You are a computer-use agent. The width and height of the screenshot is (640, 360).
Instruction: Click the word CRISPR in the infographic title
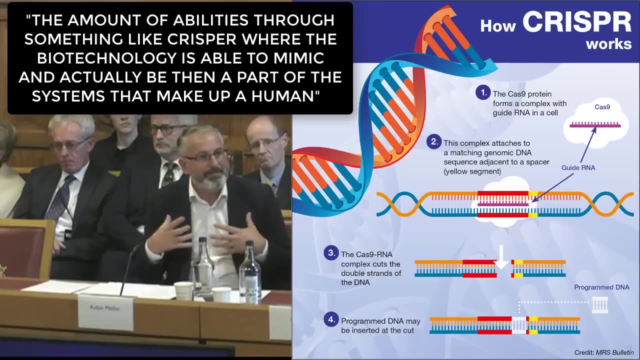[x=577, y=22]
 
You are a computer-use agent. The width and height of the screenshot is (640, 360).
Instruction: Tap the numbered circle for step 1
[x=483, y=92]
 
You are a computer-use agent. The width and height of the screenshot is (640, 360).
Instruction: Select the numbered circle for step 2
[x=434, y=141]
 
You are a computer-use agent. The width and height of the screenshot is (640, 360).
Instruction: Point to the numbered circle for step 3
[x=331, y=253]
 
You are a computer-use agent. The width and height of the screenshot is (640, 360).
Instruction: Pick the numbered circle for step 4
[x=331, y=319]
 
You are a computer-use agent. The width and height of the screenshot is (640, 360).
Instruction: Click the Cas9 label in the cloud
[x=602, y=107]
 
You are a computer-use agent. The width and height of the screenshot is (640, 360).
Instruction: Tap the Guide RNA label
[x=578, y=167]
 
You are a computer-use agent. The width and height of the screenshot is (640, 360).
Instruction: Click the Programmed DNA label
[x=601, y=287]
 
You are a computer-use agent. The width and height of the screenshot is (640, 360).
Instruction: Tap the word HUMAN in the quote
[x=282, y=96]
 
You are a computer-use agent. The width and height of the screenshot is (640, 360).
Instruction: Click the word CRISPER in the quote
[x=201, y=39]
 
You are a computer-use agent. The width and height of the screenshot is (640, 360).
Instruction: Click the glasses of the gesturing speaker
[x=205, y=155]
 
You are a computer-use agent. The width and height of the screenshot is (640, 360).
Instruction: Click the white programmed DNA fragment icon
[x=599, y=305]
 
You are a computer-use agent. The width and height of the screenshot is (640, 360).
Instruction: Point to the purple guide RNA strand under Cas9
[x=595, y=124]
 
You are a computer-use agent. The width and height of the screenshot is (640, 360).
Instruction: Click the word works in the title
[x=608, y=44]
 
